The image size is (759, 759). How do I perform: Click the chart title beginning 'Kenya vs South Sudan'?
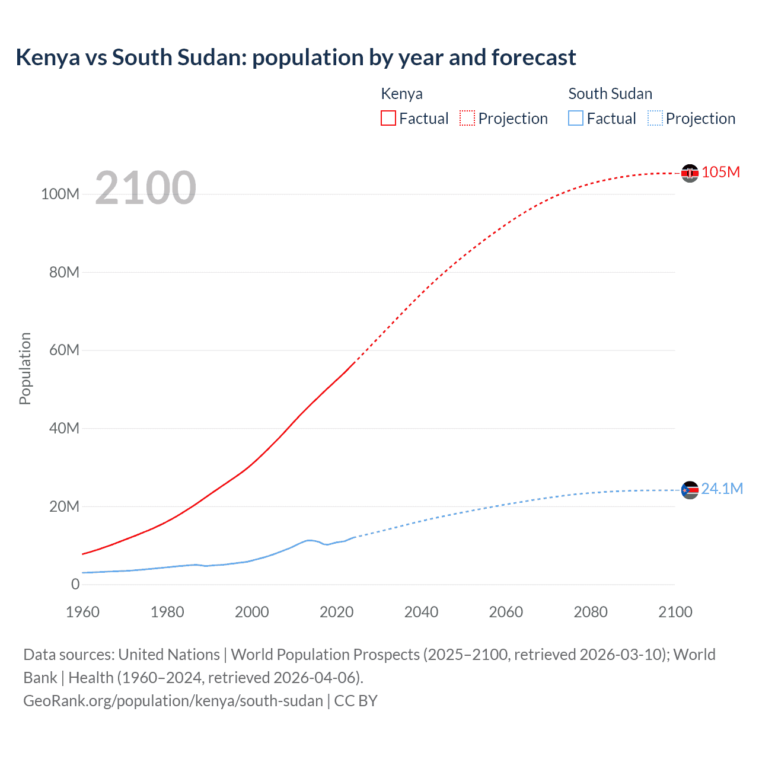click(x=295, y=58)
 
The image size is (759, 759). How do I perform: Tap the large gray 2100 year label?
click(x=145, y=187)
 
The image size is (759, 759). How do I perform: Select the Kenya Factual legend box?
click(x=388, y=118)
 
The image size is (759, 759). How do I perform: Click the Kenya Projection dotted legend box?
click(x=467, y=118)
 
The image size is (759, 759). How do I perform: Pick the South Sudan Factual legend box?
click(x=576, y=118)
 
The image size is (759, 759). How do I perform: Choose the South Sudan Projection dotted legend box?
click(x=655, y=118)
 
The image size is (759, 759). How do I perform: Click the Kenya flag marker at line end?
click(x=690, y=173)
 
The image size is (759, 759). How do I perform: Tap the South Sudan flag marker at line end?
click(x=690, y=490)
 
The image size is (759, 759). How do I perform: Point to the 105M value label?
click(x=720, y=173)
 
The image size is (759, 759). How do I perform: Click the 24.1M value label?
click(x=722, y=489)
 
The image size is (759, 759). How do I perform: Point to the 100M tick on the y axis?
click(x=60, y=194)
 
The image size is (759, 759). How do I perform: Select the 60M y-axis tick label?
click(x=64, y=350)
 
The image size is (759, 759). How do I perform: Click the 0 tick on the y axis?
click(x=75, y=584)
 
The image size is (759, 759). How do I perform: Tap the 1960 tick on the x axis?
click(x=82, y=612)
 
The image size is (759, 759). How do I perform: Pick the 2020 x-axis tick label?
click(x=336, y=612)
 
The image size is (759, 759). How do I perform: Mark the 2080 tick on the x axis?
click(x=590, y=612)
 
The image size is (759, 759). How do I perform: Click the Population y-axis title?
click(x=25, y=368)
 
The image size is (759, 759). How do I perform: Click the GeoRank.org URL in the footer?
click(x=173, y=701)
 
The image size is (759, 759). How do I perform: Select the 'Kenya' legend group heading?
click(x=401, y=94)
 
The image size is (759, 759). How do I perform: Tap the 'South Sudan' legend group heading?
click(x=610, y=94)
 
